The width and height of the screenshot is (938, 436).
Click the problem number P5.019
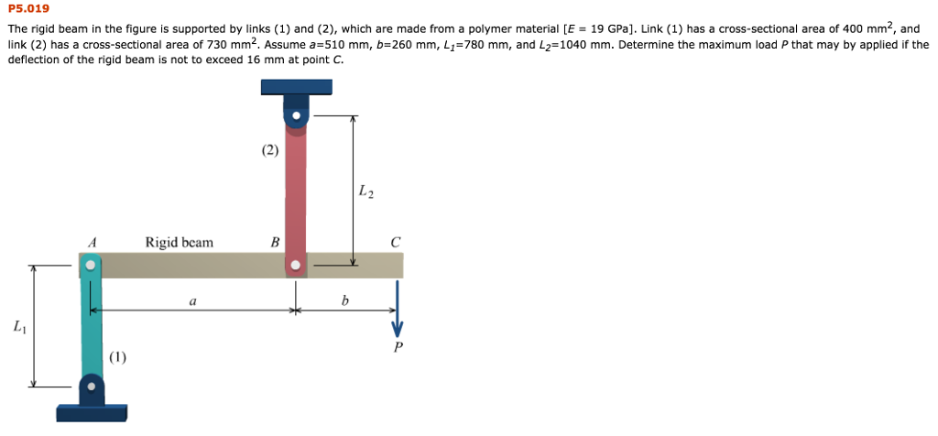27,8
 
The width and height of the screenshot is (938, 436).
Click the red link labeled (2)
295,192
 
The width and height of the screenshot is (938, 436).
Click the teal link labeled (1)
91,325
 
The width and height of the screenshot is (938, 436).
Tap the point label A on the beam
92,242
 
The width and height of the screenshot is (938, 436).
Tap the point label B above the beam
274,243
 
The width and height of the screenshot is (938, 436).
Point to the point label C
395,243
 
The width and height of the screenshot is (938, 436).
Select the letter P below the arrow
398,347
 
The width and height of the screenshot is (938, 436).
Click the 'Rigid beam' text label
179,243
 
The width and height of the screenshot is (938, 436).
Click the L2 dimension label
365,191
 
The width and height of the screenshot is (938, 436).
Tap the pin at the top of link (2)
296,117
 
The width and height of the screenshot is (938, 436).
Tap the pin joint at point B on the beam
295,266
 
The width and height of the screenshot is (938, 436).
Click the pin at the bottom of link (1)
91,387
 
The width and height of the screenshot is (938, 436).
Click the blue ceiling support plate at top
296,87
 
